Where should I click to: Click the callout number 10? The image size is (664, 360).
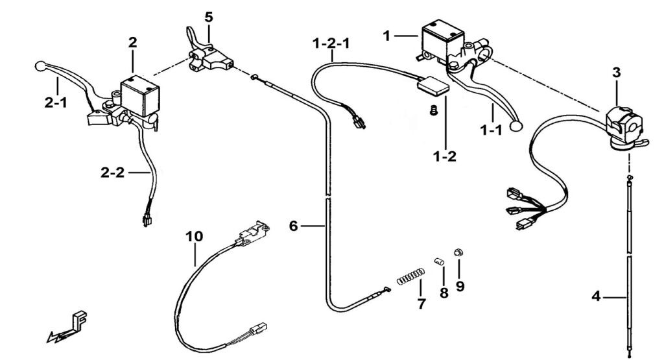pyautogui.click(x=195, y=236)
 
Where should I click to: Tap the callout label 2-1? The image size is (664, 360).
pyautogui.click(x=56, y=102)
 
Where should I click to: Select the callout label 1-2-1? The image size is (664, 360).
pyautogui.click(x=331, y=43)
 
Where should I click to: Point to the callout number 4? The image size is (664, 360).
pyautogui.click(x=596, y=296)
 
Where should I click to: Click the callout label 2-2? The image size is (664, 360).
pyautogui.click(x=113, y=173)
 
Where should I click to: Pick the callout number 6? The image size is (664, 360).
pyautogui.click(x=294, y=226)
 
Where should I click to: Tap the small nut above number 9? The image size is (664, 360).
pyautogui.click(x=458, y=252)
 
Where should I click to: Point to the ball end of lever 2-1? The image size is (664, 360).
pyautogui.click(x=40, y=66)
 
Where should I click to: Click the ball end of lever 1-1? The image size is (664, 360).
pyautogui.click(x=516, y=126)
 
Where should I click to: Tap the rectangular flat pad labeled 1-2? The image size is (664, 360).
pyautogui.click(x=433, y=87)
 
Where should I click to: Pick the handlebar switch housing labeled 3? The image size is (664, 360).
pyautogui.click(x=624, y=126)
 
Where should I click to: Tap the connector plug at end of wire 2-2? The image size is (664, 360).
pyautogui.click(x=147, y=221)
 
